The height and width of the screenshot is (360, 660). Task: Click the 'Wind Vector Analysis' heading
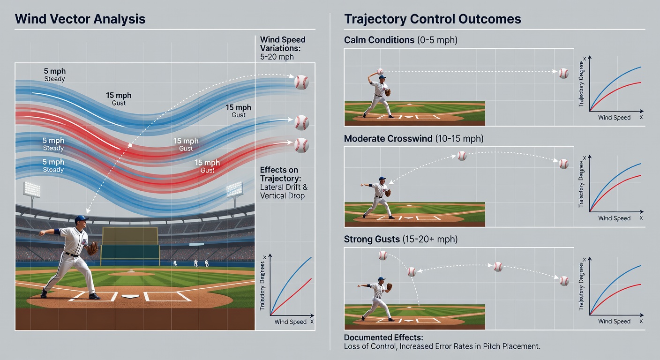tap(80, 19)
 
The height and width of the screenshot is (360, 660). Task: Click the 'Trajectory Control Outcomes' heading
tap(433, 19)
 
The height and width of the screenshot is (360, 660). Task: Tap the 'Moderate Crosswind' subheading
tap(388, 138)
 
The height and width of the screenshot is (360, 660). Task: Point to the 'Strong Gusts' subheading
tap(372, 239)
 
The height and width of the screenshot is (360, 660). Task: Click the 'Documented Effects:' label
tap(383, 337)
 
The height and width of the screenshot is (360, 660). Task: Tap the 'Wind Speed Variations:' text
tap(283, 44)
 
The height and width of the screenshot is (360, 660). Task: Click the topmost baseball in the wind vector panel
tap(301, 82)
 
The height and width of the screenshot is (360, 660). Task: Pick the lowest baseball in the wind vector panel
tap(301, 145)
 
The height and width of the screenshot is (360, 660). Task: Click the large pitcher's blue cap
tap(81, 219)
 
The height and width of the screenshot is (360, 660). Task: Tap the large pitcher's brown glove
tap(92, 248)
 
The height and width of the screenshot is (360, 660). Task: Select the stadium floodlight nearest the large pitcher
tap(31, 189)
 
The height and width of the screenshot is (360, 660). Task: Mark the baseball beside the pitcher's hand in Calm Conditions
tap(380, 71)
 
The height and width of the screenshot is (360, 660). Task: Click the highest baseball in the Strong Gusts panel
tap(383, 255)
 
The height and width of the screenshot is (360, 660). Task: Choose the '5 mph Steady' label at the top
tap(55, 75)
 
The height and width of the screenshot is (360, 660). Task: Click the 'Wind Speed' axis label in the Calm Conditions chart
tap(614, 118)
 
